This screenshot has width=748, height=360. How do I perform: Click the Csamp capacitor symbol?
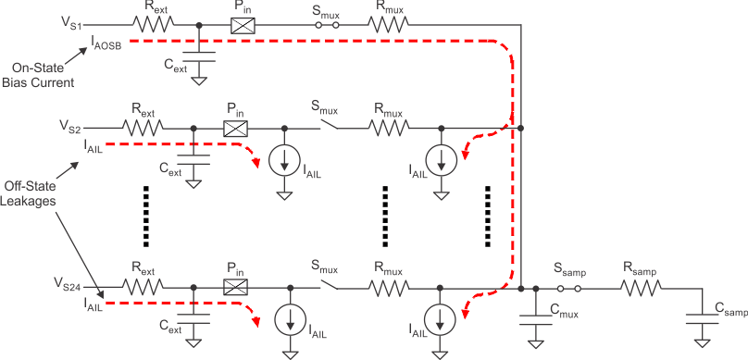(704, 319)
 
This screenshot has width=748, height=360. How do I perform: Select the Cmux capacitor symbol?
(535, 319)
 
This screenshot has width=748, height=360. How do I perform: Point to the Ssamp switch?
(567, 289)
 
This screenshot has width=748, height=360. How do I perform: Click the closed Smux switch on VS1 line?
(323, 24)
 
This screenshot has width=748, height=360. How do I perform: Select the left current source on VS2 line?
(285, 159)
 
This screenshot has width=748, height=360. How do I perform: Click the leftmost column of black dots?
(146, 216)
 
